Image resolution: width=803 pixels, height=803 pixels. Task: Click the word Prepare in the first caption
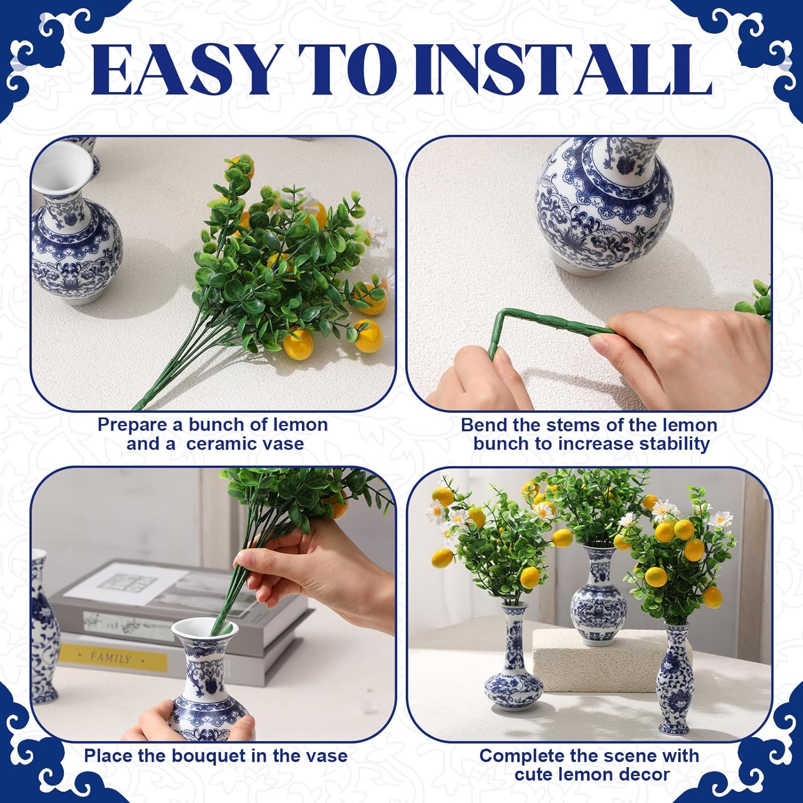click(x=132, y=425)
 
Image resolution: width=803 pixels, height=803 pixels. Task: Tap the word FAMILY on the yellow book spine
click(x=110, y=657)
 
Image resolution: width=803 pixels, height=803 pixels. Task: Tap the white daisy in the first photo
click(x=378, y=230)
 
